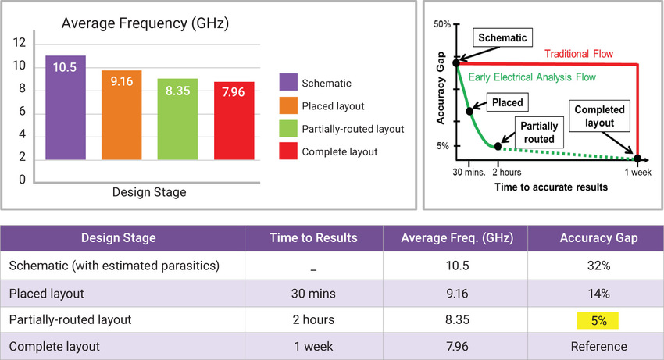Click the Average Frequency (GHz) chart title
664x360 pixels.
click(x=145, y=24)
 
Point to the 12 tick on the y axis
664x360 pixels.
click(x=20, y=43)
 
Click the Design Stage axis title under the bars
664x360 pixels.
click(x=148, y=192)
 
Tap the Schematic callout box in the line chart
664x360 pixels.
click(x=502, y=37)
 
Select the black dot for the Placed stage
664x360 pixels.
click(x=469, y=112)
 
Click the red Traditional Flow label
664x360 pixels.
click(x=579, y=54)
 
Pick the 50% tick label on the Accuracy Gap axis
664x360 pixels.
click(x=441, y=24)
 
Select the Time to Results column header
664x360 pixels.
click(x=315, y=237)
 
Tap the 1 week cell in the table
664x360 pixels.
click(x=315, y=346)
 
